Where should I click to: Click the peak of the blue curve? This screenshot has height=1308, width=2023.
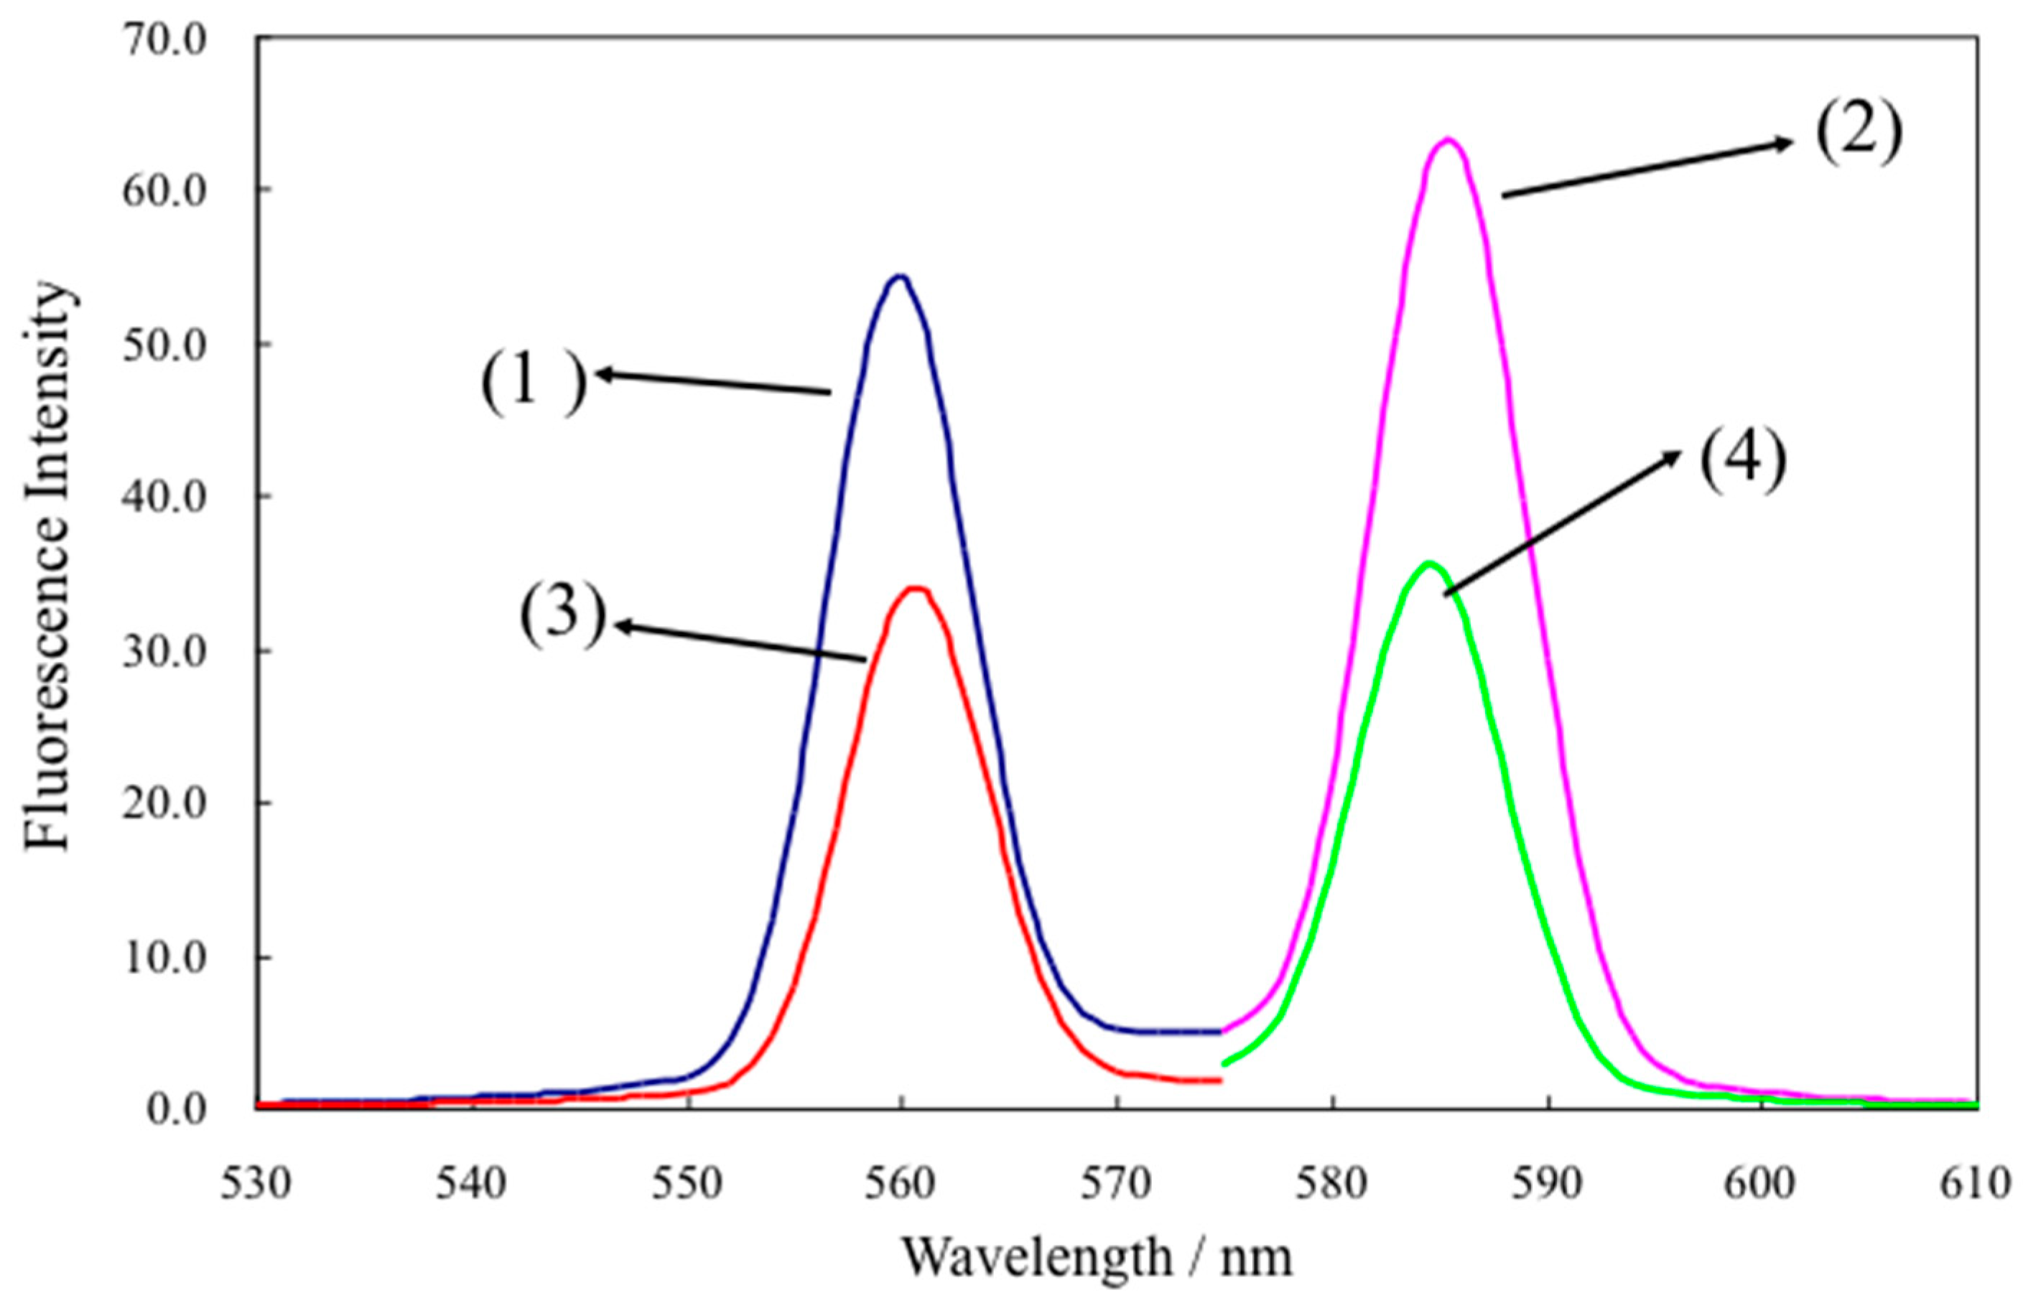point(899,277)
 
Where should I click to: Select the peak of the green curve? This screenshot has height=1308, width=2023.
point(1428,563)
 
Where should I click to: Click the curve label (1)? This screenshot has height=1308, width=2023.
point(534,382)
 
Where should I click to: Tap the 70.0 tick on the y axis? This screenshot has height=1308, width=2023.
point(164,40)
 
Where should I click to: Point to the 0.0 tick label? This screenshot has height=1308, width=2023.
point(177,1109)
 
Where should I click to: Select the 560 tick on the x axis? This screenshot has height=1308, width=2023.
point(901,1183)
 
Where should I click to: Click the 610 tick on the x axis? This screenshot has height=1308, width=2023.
point(1976,1183)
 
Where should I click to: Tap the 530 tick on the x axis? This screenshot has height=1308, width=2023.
point(256,1183)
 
